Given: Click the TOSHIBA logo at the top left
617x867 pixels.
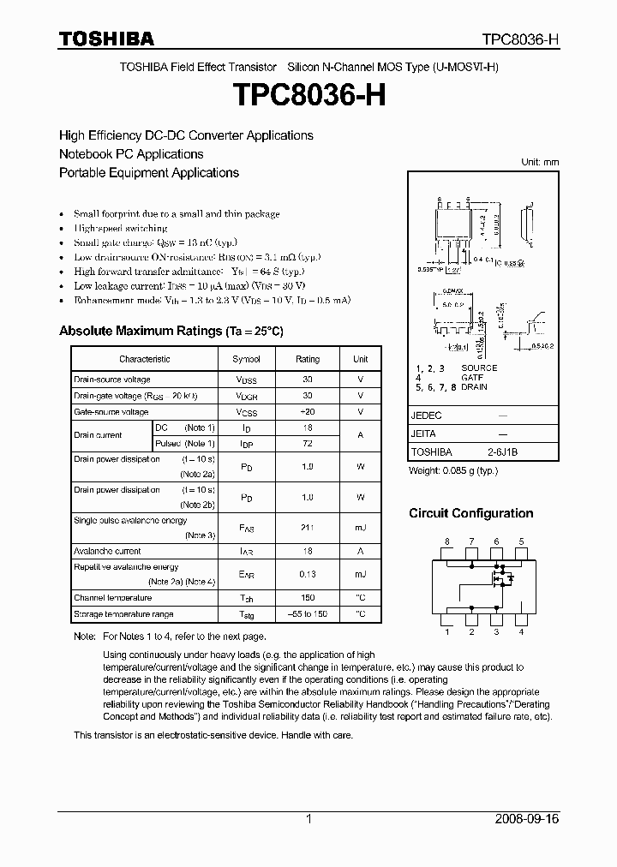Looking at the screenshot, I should (x=106, y=39).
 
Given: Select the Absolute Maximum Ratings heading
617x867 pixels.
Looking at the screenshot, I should (x=171, y=331).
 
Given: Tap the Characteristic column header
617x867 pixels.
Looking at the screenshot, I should (x=144, y=359).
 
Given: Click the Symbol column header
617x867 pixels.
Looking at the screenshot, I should (x=246, y=359).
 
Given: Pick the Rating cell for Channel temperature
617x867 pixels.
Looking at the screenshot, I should (x=308, y=598).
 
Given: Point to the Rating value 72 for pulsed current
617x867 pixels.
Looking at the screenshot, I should (x=308, y=443).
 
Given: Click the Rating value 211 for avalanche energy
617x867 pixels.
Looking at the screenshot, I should (x=308, y=529).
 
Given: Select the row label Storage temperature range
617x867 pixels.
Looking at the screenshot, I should (x=123, y=614).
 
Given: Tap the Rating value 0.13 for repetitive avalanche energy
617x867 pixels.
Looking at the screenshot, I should (x=308, y=574).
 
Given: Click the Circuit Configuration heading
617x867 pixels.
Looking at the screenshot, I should (x=470, y=513).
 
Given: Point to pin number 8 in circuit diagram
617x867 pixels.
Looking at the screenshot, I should (x=446, y=541).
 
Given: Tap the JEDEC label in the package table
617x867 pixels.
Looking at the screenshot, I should (x=426, y=415).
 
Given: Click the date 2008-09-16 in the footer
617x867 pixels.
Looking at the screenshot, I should (x=527, y=819).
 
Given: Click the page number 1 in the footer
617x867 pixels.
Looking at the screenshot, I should (x=308, y=819).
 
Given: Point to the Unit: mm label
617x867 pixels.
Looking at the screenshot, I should (x=540, y=162).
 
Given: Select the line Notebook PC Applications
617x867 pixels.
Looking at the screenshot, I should (x=131, y=154).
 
